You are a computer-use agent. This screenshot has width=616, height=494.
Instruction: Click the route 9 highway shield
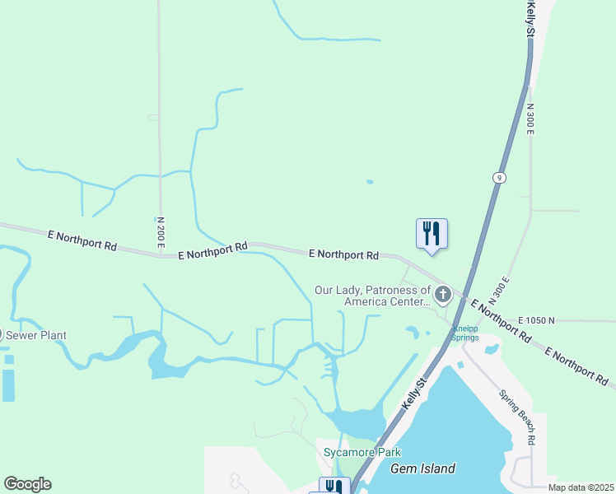click(499, 177)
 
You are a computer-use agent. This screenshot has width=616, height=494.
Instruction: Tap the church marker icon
click(443, 294)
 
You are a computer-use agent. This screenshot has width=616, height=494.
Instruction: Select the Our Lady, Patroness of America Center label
click(373, 296)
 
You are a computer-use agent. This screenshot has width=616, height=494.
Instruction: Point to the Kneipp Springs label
click(464, 333)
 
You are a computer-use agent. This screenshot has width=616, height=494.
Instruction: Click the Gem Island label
click(422, 468)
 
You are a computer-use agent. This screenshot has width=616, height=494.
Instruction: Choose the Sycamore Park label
click(362, 453)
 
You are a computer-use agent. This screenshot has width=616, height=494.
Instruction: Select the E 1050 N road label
click(537, 319)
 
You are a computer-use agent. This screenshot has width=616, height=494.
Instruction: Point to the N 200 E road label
click(161, 232)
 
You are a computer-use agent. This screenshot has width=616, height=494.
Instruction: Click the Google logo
click(27, 484)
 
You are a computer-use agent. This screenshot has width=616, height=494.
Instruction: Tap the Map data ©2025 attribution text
click(581, 487)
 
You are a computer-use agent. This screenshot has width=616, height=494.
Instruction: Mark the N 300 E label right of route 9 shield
click(530, 120)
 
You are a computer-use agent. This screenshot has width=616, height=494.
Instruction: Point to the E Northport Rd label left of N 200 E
click(82, 242)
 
